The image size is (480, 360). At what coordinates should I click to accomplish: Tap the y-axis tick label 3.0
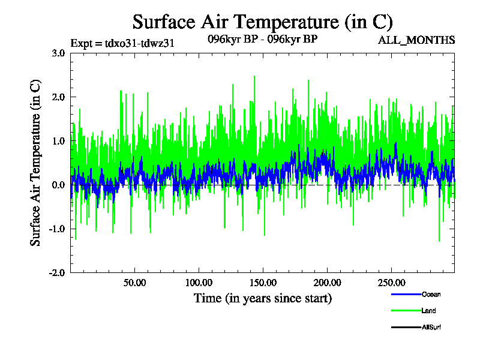click(x=58, y=53)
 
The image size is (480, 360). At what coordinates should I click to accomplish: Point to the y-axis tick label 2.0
click(x=58, y=97)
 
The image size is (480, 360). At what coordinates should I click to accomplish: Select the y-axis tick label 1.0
click(x=58, y=140)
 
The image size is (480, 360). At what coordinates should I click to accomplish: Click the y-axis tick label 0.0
click(x=58, y=185)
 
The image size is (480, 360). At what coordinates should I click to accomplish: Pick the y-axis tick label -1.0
click(x=56, y=229)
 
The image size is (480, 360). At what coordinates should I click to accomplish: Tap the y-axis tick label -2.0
click(x=56, y=272)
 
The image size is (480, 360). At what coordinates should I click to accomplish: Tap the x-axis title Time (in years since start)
click(x=263, y=298)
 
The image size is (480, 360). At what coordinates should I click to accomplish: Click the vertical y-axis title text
click(x=37, y=162)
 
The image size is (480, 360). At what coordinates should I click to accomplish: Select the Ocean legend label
click(x=431, y=295)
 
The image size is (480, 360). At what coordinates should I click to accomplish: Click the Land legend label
click(x=428, y=311)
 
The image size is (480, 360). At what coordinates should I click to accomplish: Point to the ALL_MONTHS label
click(x=416, y=40)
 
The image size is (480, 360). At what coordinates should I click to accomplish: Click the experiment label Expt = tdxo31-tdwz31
click(x=122, y=43)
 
